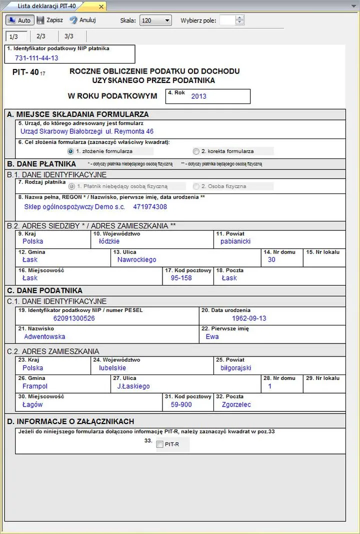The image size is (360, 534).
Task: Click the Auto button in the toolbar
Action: click(x=19, y=20)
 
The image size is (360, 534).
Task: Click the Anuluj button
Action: click(x=82, y=20)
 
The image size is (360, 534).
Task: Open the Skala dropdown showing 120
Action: click(x=155, y=20)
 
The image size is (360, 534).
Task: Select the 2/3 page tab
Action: click(x=41, y=36)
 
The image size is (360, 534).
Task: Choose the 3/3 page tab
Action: click(x=69, y=36)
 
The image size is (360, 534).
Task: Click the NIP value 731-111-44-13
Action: click(x=36, y=58)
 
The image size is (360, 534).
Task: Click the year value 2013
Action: click(x=198, y=96)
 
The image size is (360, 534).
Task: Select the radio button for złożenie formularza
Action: click(x=70, y=151)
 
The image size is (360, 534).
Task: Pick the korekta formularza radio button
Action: click(x=196, y=151)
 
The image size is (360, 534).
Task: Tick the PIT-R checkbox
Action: click(x=159, y=444)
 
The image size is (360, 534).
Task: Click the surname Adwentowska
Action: click(x=44, y=337)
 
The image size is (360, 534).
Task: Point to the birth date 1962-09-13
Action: click(x=249, y=318)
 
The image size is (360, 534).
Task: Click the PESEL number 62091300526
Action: click(x=74, y=318)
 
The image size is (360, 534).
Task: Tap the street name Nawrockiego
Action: click(x=136, y=260)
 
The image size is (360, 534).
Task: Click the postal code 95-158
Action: click(x=181, y=278)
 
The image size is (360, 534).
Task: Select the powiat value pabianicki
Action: click(x=235, y=241)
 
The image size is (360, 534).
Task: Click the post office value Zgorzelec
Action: click(x=235, y=405)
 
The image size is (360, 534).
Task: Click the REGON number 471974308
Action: click(x=150, y=206)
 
